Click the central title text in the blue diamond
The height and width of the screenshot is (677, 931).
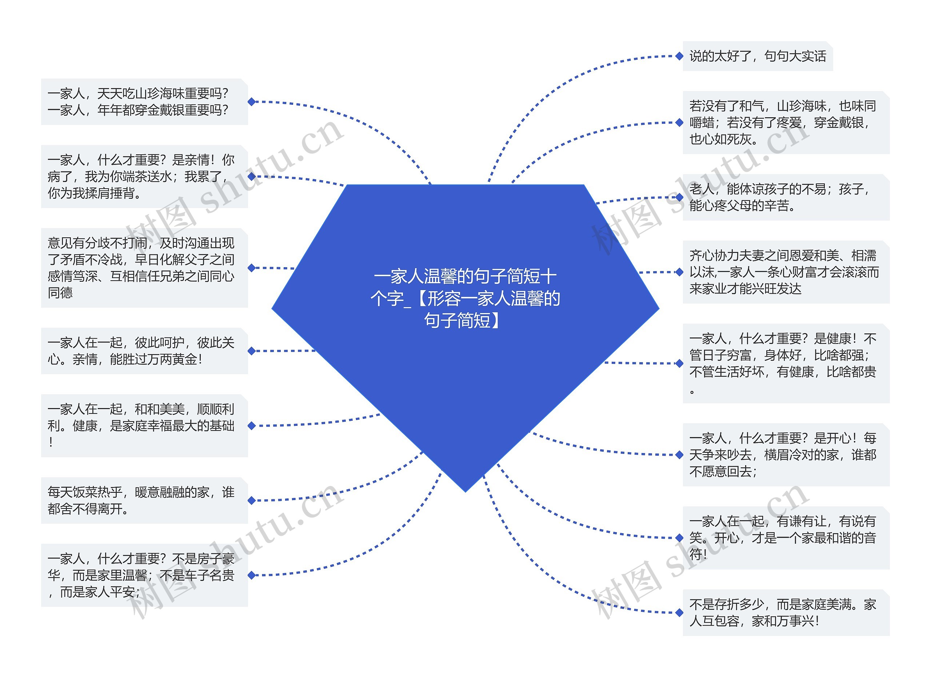(465, 298)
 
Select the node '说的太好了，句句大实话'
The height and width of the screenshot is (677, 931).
(758, 56)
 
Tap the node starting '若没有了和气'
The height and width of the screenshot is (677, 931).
(786, 123)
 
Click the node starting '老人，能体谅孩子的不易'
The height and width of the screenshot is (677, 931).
(786, 197)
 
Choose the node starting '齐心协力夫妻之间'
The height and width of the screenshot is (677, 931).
(786, 272)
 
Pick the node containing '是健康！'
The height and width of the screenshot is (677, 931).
(786, 363)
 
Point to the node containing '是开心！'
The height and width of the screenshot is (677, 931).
(786, 455)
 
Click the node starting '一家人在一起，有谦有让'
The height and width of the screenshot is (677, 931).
(786, 538)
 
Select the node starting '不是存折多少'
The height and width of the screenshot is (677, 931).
(786, 613)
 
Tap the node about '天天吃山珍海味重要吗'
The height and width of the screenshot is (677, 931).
(144, 102)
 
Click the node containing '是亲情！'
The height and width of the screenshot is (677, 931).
(144, 177)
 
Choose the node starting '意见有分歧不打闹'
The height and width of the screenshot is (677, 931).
(144, 268)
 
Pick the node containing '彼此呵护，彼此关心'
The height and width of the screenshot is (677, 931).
(144, 351)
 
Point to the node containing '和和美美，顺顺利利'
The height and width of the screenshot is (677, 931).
(144, 425)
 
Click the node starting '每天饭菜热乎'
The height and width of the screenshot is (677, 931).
(144, 500)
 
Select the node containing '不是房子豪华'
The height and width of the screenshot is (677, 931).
(144, 575)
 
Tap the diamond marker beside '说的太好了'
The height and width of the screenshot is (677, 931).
(679, 56)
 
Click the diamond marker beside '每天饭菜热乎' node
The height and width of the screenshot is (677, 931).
(252, 500)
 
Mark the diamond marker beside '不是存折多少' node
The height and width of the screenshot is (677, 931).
(679, 613)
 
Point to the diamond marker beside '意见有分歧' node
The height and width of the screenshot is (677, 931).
(252, 268)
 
